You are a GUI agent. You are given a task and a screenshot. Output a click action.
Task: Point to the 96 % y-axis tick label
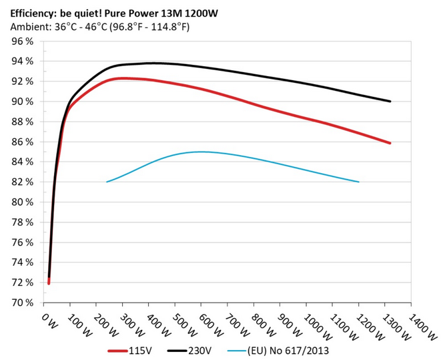tap(23, 41)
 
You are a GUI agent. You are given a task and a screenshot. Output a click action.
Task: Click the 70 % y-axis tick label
tap(23, 303)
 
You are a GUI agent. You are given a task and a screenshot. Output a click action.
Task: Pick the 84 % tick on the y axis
tap(23, 162)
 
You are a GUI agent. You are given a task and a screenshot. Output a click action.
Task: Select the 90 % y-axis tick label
tap(23, 102)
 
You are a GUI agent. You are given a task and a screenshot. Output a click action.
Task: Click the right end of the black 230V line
tap(390, 102)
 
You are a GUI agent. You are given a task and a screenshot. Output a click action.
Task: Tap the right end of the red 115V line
tap(390, 143)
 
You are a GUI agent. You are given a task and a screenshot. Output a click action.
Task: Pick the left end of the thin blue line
tap(107, 182)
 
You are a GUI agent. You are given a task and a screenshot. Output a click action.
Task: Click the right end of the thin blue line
tap(359, 182)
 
